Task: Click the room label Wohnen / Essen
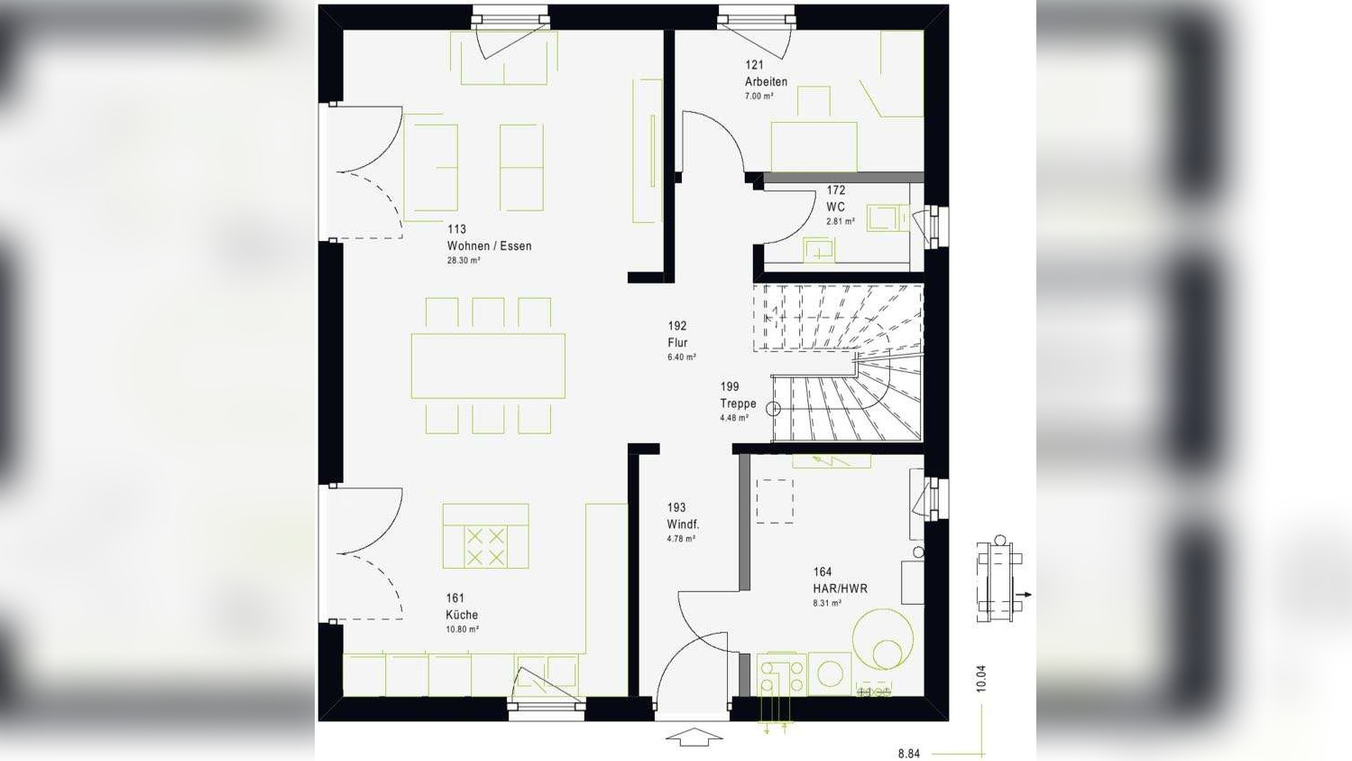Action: click(489, 246)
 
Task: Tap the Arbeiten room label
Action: click(766, 81)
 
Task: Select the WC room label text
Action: click(835, 207)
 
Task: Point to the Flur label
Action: click(677, 342)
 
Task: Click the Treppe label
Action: click(738, 404)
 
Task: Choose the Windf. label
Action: click(683, 524)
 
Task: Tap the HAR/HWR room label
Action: click(840, 589)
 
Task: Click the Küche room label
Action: click(462, 615)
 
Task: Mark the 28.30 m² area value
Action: click(464, 260)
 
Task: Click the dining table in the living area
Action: click(488, 366)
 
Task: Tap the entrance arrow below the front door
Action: click(694, 738)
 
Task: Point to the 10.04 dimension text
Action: click(981, 679)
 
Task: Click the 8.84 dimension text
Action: click(908, 753)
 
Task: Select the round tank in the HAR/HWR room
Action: click(883, 638)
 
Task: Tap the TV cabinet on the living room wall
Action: click(648, 151)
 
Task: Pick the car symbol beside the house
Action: click(999, 580)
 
